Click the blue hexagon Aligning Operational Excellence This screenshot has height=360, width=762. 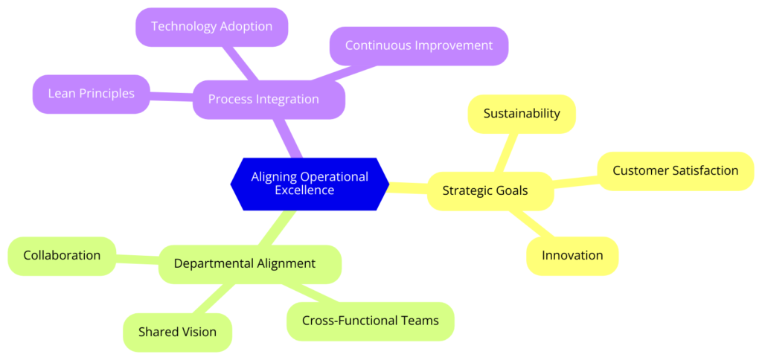coord(310,184)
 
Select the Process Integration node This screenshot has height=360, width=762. coord(269,99)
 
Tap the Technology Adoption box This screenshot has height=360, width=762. coord(212,27)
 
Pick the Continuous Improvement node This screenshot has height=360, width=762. coord(419,45)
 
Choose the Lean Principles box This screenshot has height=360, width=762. coord(92,94)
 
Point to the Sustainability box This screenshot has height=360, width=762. coord(522,114)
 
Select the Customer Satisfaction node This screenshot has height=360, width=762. coord(676,171)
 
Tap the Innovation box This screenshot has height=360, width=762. coord(572,256)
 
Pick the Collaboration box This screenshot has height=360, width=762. coord(63,256)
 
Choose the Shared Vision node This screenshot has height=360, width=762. coord(177,332)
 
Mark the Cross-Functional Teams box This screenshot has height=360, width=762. coord(371,321)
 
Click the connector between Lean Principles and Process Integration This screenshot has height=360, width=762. coord(172,97)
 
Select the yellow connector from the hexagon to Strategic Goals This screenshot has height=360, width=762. coord(409,187)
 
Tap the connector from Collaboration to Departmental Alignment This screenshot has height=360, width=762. coord(138,260)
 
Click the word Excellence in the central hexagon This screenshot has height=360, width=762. coord(304,190)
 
